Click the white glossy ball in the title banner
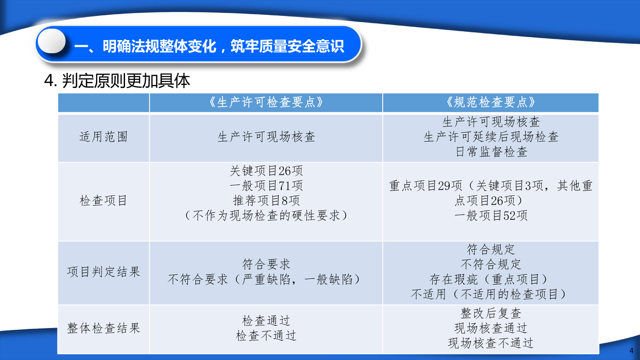pyautogui.click(x=52, y=41)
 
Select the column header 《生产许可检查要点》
pyautogui.click(x=266, y=102)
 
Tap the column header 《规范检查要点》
pyautogui.click(x=491, y=102)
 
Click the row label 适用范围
pyautogui.click(x=103, y=137)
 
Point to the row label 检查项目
pyautogui.click(x=103, y=200)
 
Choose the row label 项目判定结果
pyautogui.click(x=103, y=271)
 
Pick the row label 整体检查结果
pyautogui.click(x=103, y=328)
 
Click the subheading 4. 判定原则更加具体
pyautogui.click(x=117, y=81)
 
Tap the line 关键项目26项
pyautogui.click(x=266, y=171)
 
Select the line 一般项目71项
pyautogui.click(x=266, y=186)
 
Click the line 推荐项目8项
pyautogui.click(x=266, y=200)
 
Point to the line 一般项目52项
pyautogui.click(x=491, y=215)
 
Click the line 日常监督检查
pyautogui.click(x=491, y=151)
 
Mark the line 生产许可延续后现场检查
pyautogui.click(x=491, y=136)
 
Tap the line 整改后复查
pyautogui.click(x=491, y=313)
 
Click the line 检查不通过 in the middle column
pyautogui.click(x=266, y=335)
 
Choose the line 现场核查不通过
pyautogui.click(x=491, y=343)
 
